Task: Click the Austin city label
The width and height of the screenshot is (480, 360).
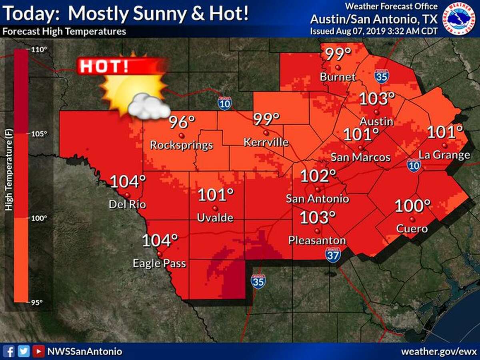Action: [376, 121]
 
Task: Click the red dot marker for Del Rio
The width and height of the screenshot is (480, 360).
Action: [127, 195]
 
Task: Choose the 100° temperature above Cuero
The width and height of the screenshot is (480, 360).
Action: [412, 206]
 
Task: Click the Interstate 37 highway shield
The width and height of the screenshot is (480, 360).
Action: [333, 255]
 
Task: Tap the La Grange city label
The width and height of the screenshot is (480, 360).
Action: [444, 155]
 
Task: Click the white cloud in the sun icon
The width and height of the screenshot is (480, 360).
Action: [148, 107]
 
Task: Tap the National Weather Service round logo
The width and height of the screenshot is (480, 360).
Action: [459, 18]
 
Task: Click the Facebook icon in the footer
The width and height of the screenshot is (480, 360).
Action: [10, 352]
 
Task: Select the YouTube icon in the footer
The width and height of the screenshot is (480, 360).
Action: [38, 352]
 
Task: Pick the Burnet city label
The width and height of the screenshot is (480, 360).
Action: [338, 77]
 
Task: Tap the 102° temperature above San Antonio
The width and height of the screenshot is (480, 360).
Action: [318, 176]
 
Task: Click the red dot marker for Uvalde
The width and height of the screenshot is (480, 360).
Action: [215, 208]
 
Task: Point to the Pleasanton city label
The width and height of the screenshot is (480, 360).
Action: [317, 240]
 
